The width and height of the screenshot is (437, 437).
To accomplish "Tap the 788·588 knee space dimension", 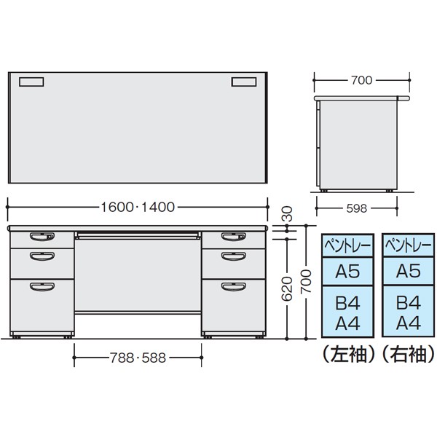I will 137,358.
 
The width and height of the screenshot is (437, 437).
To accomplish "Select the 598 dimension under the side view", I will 357,208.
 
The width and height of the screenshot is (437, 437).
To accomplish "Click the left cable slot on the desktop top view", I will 31,82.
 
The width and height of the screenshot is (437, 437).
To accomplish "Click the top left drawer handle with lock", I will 39,237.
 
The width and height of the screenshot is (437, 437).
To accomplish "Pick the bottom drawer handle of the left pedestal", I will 41,286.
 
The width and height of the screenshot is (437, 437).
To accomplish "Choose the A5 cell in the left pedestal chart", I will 347,272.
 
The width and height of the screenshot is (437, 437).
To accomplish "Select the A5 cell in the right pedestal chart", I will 408,272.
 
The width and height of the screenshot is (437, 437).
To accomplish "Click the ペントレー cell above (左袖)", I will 347,246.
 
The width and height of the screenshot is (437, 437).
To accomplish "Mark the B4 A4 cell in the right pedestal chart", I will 408,311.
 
